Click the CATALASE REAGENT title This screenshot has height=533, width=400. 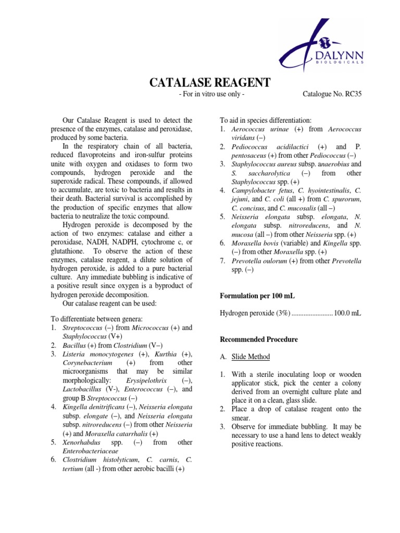pos(210,83)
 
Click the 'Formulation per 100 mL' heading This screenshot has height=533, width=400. pos(257,296)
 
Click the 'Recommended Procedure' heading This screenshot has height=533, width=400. pos(259,339)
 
